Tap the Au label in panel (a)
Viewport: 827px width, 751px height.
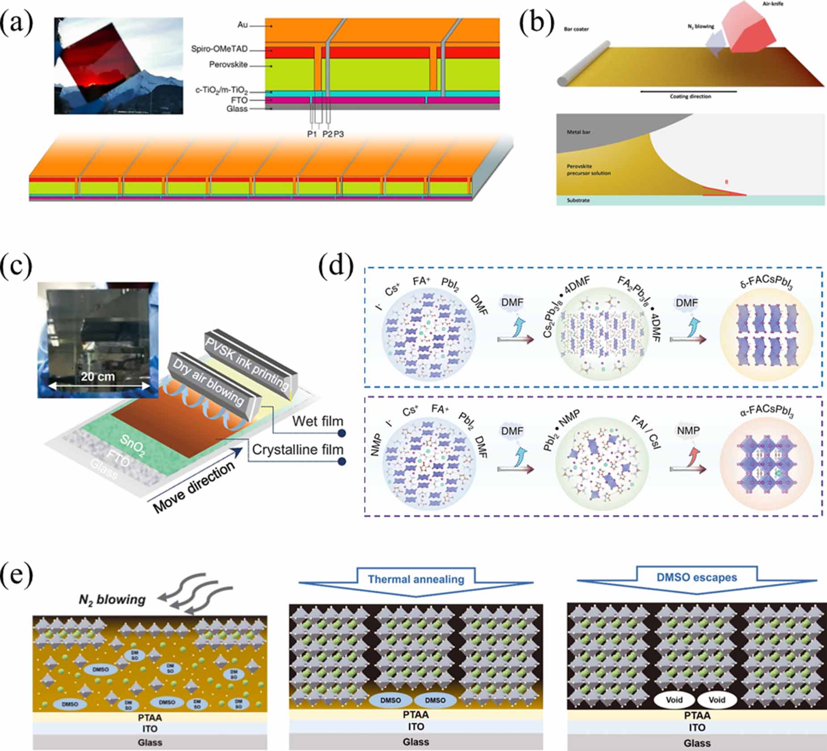pyautogui.click(x=243, y=25)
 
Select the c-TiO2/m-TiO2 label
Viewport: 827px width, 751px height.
pyautogui.click(x=221, y=91)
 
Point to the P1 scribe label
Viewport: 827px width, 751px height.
pyautogui.click(x=312, y=134)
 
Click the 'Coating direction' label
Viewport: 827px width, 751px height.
pyautogui.click(x=690, y=97)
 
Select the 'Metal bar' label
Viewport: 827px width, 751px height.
pyautogui.click(x=578, y=132)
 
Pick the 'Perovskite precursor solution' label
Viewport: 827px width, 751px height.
pyautogui.click(x=588, y=169)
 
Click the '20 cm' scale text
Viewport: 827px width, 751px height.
pyautogui.click(x=98, y=376)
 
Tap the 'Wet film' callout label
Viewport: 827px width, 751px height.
pyautogui.click(x=317, y=421)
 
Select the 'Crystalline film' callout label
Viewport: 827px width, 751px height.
pyautogui.click(x=298, y=450)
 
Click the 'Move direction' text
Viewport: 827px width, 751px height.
pyautogui.click(x=193, y=486)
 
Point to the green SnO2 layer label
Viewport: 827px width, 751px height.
pyautogui.click(x=132, y=445)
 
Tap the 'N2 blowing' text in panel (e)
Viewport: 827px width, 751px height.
pyautogui.click(x=112, y=599)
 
